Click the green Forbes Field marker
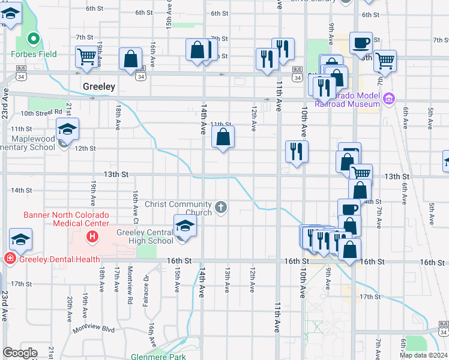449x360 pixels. click(34, 40)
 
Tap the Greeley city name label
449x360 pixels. click(98, 86)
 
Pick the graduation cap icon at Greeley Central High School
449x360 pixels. click(185, 226)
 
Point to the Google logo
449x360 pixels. click(20, 353)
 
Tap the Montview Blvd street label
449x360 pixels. click(93, 329)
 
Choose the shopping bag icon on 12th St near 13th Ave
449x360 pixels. click(223, 137)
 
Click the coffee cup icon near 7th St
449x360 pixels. click(361, 43)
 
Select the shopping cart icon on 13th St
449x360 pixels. click(360, 173)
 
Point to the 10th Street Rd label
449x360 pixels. click(41, 112)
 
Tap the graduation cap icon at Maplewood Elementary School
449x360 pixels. click(67, 129)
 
